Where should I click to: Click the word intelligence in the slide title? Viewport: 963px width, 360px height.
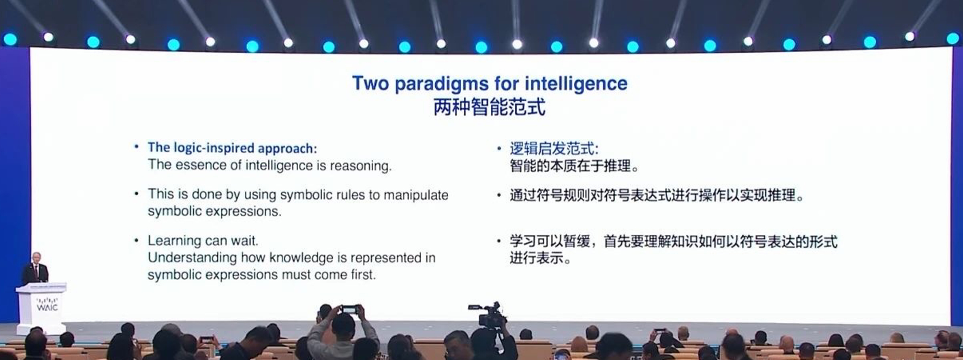(576, 84)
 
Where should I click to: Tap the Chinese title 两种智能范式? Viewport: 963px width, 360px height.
(490, 107)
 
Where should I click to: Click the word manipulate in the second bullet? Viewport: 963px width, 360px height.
(416, 195)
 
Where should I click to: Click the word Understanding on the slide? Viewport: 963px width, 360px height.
(192, 258)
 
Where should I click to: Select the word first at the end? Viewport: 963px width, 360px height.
(364, 275)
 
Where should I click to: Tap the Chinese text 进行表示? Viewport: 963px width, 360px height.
(537, 258)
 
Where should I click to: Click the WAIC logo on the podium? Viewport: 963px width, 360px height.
(47, 304)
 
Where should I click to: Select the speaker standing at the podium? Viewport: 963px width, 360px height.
(36, 268)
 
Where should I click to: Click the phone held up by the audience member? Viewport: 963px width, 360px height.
(349, 310)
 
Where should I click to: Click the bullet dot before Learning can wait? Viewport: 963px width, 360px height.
(137, 240)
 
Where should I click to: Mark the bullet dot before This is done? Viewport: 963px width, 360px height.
(137, 194)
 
